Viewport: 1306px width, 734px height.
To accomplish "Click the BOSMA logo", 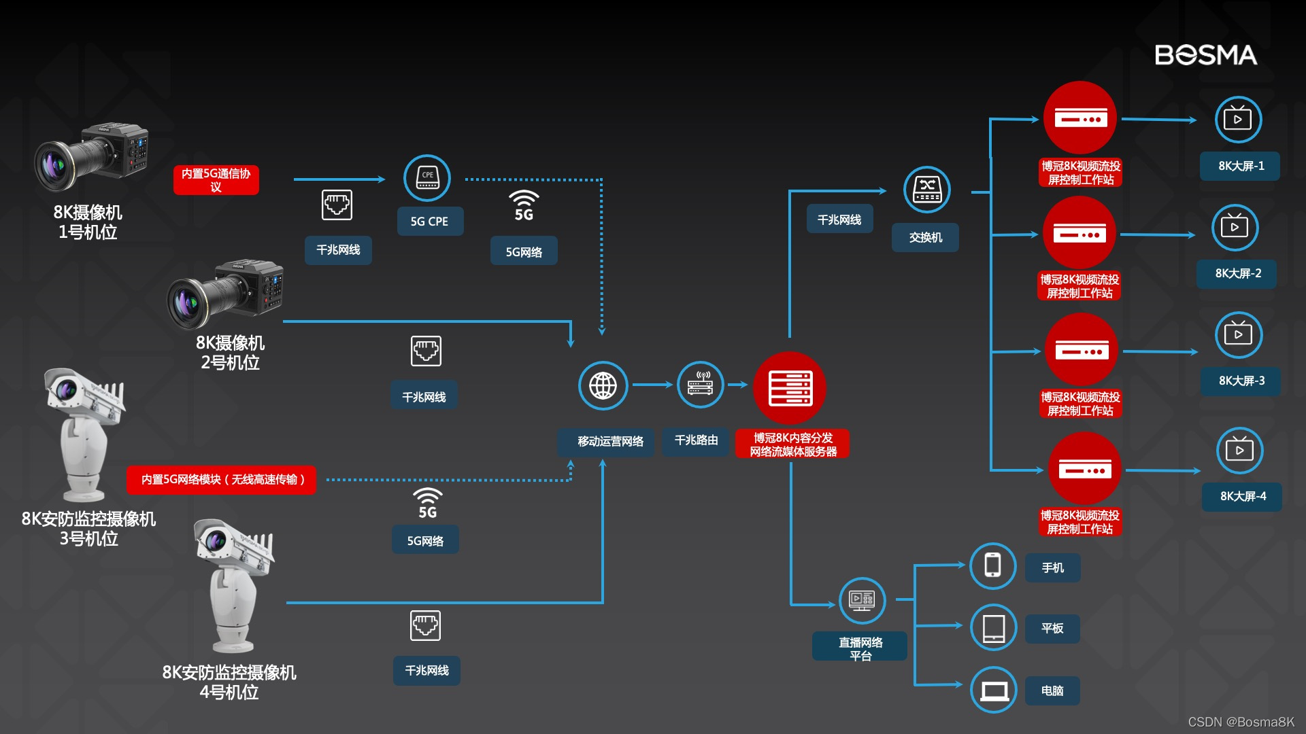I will click(1205, 55).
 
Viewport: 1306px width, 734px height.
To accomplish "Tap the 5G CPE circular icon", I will click(427, 178).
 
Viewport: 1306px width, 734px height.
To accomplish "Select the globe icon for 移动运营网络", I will click(603, 385).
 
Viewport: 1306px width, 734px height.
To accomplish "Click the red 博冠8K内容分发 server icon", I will click(790, 387).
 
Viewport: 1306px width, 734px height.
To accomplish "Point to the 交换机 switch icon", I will click(926, 189).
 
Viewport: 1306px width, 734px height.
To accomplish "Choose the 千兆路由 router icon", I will click(700, 385).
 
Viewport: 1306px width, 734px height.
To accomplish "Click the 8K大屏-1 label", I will click(1240, 166).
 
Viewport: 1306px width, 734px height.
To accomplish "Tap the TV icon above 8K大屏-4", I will click(1239, 451).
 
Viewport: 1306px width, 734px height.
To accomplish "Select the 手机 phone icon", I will click(993, 565).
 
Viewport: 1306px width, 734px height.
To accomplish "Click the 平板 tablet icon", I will click(993, 627).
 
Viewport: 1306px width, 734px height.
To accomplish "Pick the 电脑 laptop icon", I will click(994, 690).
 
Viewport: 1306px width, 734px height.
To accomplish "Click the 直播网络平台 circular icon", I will click(862, 600).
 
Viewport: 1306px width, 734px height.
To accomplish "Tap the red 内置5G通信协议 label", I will click(216, 180).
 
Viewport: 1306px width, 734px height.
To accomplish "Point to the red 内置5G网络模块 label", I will click(222, 480).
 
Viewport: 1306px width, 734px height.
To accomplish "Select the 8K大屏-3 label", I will click(1241, 381).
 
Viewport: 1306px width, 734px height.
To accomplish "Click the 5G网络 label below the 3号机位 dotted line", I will click(425, 540).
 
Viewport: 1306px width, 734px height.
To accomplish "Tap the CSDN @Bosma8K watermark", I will click(1241, 722).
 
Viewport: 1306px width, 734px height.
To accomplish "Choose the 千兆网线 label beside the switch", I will click(839, 220).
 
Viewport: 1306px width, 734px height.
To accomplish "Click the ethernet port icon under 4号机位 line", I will click(425, 625).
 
